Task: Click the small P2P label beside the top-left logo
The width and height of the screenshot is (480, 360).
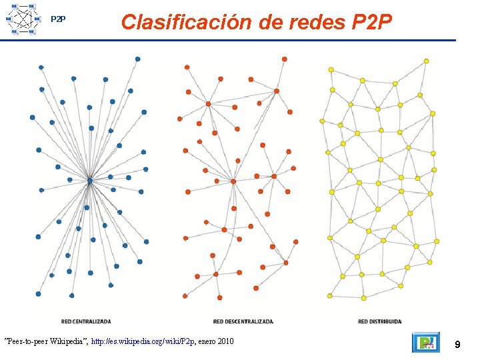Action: click(59, 19)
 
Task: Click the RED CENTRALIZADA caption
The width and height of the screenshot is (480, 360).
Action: click(85, 321)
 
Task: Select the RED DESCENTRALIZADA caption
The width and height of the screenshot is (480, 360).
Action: click(243, 321)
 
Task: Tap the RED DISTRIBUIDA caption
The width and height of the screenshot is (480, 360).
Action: click(379, 321)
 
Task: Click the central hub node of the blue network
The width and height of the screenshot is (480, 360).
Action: click(89, 179)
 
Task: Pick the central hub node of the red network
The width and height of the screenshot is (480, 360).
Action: click(233, 181)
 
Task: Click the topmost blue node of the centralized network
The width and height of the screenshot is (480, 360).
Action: click(137, 59)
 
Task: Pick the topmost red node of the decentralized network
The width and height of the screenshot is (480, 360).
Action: click(284, 59)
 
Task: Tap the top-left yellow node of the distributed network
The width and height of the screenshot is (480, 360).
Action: click(331, 69)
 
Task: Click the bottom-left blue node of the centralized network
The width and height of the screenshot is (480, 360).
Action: click(38, 293)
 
